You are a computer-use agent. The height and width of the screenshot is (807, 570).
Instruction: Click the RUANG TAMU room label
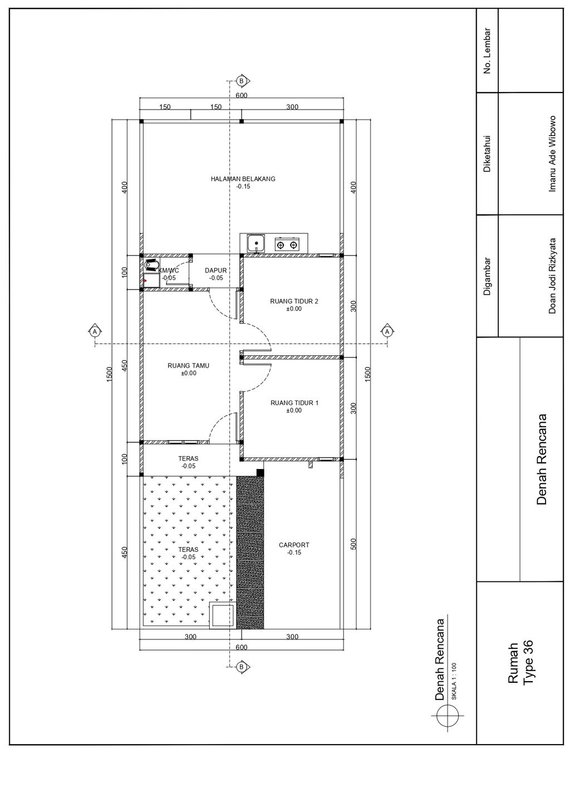tap(188, 365)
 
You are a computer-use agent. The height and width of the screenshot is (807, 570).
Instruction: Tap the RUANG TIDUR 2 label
tap(294, 301)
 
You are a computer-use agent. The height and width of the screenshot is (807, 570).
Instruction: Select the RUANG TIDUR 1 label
tap(294, 403)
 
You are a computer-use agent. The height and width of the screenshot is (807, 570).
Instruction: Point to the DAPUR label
tap(215, 270)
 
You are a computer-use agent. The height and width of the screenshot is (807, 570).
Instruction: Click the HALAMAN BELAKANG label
tap(243, 179)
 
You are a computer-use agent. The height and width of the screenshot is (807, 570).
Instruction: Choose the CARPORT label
tap(294, 545)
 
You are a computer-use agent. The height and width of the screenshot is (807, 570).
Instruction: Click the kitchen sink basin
tap(256, 243)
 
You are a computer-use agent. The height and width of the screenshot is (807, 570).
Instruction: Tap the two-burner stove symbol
tap(287, 244)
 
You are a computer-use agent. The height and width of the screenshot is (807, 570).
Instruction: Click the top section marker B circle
tap(242, 81)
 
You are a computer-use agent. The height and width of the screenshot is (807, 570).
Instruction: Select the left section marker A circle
tap(95, 331)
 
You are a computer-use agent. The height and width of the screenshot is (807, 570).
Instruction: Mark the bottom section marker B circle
tap(242, 667)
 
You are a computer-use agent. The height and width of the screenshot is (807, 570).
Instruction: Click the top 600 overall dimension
tap(242, 95)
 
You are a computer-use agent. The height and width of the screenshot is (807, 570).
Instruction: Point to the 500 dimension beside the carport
tap(353, 544)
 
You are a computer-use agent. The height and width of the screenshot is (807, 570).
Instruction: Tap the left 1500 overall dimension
tap(110, 374)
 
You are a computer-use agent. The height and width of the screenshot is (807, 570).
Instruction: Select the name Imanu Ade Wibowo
tap(552, 154)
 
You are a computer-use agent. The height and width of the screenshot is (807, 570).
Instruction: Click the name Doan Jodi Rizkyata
tap(552, 276)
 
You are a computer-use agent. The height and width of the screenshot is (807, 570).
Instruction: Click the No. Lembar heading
tap(487, 51)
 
